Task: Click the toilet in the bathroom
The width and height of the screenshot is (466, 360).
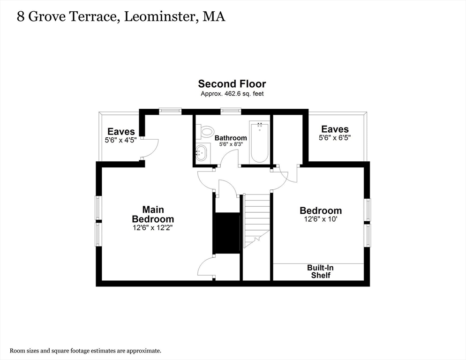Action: (205, 132)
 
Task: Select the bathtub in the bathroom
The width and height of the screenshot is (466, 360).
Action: (259, 142)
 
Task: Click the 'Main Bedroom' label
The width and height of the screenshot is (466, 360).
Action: (153, 214)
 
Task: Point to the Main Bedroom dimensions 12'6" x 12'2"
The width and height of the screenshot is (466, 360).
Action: (153, 228)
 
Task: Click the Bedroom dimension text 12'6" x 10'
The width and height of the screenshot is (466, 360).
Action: (321, 219)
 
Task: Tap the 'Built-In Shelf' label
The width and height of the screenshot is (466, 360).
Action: (321, 271)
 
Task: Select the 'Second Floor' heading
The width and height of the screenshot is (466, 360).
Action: (232, 84)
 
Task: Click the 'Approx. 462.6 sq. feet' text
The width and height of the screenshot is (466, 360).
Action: (232, 94)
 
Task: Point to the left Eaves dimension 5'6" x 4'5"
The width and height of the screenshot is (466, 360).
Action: (121, 140)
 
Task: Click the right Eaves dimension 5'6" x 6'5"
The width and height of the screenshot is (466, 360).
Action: (335, 137)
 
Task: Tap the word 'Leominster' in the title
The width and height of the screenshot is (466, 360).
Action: (158, 17)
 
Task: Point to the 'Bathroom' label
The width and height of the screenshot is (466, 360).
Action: (231, 138)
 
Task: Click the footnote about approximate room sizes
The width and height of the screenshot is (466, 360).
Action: (86, 350)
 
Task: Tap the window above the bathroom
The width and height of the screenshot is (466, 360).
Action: (231, 111)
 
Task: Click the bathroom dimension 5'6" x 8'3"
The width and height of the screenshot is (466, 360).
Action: (231, 144)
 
